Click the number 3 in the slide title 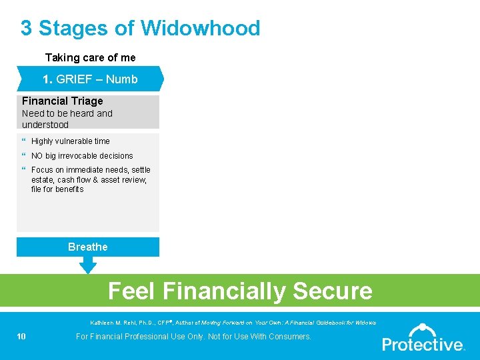pyautogui.click(x=26, y=29)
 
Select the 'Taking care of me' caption pyautogui.click(x=90, y=58)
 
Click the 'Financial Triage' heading pyautogui.click(x=63, y=101)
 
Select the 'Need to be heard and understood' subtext pyautogui.click(x=67, y=119)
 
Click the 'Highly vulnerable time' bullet pyautogui.click(x=70, y=141)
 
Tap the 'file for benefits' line pyautogui.click(x=57, y=189)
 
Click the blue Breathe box pyautogui.click(x=88, y=247)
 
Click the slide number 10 pyautogui.click(x=21, y=337)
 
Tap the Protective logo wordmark pyautogui.click(x=423, y=345)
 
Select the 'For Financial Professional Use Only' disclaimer pyautogui.click(x=193, y=337)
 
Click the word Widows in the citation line pyautogui.click(x=365, y=323)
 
